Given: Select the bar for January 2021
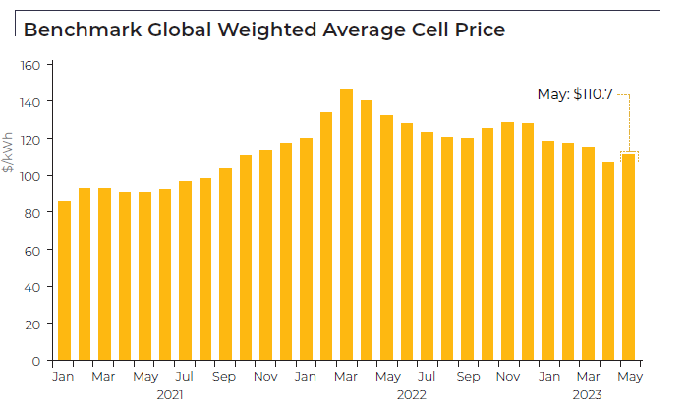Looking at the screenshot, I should (x=64, y=280).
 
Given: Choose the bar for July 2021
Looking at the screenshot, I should (x=185, y=270).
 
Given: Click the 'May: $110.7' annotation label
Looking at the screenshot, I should (x=575, y=94).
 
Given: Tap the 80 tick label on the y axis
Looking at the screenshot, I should (x=33, y=213).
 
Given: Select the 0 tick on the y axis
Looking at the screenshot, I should (x=36, y=361).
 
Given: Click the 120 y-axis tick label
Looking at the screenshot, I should (x=30, y=140).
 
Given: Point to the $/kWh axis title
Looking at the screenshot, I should (x=9, y=151).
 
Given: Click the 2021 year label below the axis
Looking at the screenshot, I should (x=170, y=394).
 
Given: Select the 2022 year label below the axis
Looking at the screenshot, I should (x=411, y=394).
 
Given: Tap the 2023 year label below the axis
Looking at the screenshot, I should (x=588, y=394).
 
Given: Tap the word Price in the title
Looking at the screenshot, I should (x=479, y=30).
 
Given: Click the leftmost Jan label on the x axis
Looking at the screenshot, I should (x=63, y=377).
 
